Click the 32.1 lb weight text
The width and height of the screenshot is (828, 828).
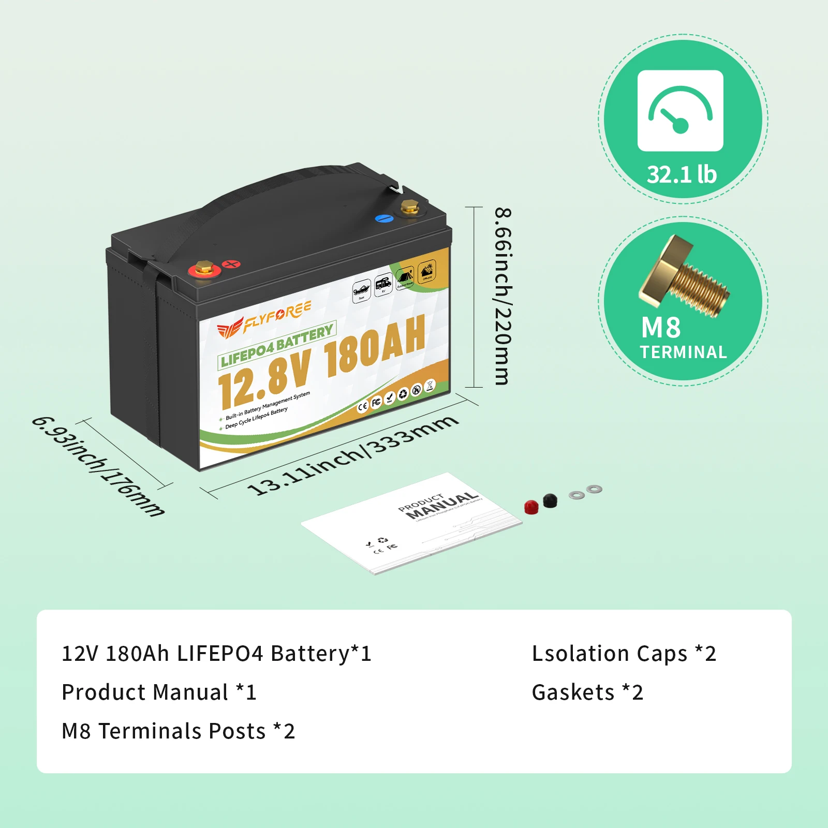click(682, 174)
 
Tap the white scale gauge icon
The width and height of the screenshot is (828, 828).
click(680, 110)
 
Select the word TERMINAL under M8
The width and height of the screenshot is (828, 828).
click(683, 352)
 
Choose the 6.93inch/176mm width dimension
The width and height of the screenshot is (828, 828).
click(98, 466)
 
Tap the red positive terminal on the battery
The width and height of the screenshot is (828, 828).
click(204, 269)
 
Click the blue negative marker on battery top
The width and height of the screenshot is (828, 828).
click(384, 218)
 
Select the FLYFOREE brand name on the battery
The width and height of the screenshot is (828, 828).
click(277, 316)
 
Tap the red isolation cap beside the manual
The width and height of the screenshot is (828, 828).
click(531, 507)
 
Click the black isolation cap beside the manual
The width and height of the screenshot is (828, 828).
click(550, 500)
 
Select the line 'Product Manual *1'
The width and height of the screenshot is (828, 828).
click(159, 692)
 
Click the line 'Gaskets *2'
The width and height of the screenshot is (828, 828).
click(587, 692)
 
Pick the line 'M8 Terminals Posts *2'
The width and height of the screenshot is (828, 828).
click(178, 731)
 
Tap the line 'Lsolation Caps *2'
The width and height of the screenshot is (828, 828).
click(624, 654)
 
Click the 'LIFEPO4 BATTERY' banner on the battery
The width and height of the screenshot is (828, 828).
click(277, 345)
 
